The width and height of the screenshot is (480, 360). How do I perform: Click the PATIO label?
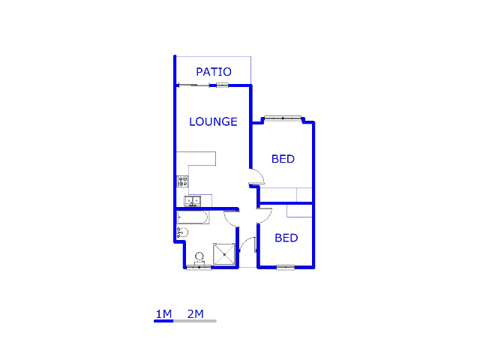(214, 72)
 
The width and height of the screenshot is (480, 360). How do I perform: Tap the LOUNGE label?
(213, 121)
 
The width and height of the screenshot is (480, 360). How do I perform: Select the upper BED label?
(283, 159)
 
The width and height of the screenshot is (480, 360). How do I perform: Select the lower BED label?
(286, 238)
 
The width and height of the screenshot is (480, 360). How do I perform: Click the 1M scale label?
(163, 313)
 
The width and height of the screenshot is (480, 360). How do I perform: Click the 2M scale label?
(195, 313)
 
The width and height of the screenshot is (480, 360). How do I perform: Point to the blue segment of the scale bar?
(163, 321)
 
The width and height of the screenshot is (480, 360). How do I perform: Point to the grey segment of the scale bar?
(195, 321)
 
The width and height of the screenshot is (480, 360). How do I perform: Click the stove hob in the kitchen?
(182, 181)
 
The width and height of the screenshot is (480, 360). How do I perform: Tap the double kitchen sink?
(193, 201)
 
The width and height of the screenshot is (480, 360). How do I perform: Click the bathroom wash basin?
(181, 233)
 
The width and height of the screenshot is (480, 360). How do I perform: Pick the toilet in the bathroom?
(199, 258)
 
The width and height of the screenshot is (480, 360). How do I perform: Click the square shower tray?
(224, 254)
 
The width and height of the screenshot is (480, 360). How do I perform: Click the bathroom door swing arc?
(232, 218)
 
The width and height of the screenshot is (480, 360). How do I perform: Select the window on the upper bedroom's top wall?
(282, 118)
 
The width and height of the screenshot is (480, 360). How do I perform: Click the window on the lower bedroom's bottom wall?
(286, 267)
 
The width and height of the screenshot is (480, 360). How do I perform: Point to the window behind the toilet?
(199, 267)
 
